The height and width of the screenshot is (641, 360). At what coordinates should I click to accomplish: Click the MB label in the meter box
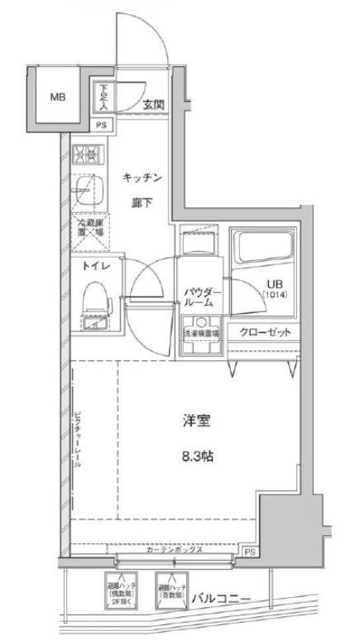[57, 97]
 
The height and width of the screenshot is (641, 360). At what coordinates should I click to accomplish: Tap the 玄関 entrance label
[151, 104]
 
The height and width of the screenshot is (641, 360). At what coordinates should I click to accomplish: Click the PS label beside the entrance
[101, 125]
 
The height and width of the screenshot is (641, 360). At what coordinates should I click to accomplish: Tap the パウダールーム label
[201, 296]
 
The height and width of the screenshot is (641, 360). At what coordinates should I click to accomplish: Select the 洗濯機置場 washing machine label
[201, 334]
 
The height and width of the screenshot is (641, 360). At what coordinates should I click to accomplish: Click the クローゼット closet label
[266, 333]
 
